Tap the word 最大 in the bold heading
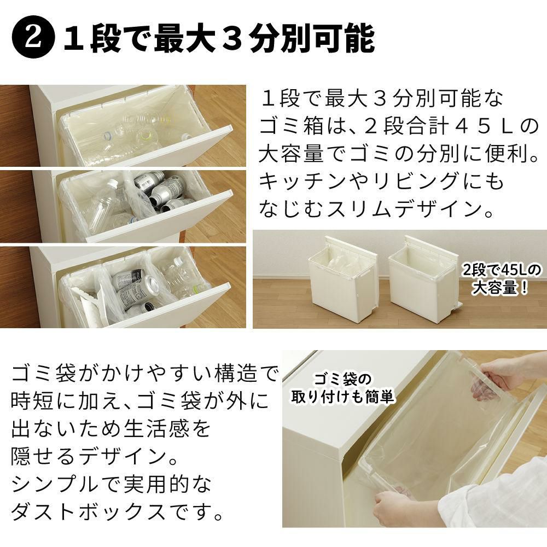pyautogui.click(x=185, y=39)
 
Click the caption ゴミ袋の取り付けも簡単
pyautogui.click(x=343, y=388)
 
